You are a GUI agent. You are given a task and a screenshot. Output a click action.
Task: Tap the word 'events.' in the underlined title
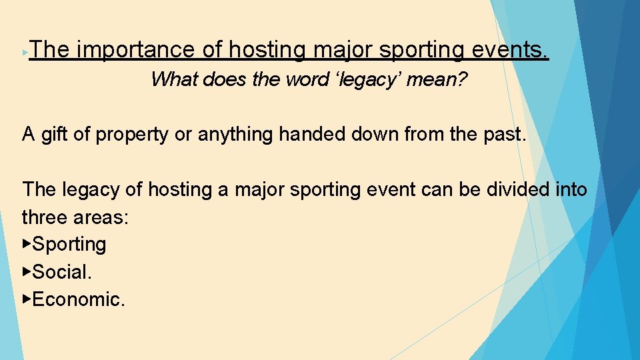[511, 50]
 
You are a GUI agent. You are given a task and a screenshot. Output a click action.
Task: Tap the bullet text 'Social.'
[62, 272]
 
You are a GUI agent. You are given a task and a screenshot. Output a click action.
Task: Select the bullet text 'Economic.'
[78, 299]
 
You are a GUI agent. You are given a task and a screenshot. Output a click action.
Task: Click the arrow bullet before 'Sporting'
[27, 244]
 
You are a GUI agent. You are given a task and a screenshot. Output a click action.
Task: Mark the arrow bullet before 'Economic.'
[27, 299]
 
